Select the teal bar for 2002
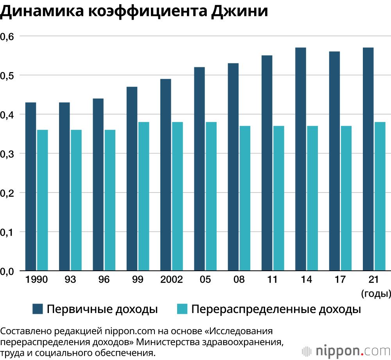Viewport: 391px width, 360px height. [177, 196]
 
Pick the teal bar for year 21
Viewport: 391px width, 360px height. [380, 196]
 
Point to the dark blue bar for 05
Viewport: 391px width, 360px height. [199, 169]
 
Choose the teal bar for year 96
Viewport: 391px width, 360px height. [110, 200]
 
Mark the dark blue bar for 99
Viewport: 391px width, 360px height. [132, 178]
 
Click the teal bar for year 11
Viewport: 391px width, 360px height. [278, 198]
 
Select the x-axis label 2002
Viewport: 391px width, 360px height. [171, 280]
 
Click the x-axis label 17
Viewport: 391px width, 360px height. [340, 280]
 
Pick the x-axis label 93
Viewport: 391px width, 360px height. [70, 280]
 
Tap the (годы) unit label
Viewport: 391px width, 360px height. [376, 293]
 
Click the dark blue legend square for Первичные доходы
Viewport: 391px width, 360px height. [38, 309]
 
